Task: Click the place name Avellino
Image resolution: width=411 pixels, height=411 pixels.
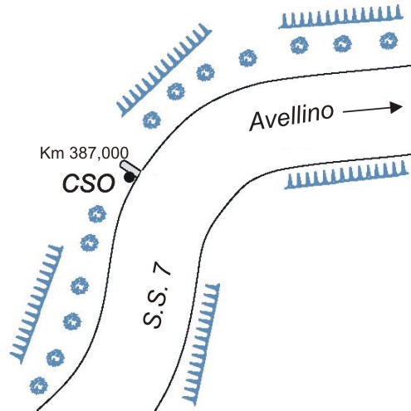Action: click(291, 117)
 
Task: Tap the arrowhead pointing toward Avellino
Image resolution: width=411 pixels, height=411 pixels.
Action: click(396, 107)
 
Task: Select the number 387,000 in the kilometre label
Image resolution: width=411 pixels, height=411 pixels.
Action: click(99, 153)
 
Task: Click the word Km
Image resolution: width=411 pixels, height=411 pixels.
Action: click(53, 153)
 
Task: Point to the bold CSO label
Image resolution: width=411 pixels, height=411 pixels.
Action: click(89, 183)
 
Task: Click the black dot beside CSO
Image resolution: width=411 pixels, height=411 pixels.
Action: click(129, 178)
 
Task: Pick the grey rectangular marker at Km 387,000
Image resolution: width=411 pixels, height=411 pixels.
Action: click(130, 169)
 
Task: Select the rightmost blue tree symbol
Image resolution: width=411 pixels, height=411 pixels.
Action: click(389, 41)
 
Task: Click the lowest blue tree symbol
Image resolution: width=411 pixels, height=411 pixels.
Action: click(39, 385)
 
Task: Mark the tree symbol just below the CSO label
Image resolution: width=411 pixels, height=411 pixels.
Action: click(97, 214)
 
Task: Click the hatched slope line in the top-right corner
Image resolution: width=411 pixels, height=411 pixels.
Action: click(340, 17)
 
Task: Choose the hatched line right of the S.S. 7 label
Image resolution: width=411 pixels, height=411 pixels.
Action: click(201, 344)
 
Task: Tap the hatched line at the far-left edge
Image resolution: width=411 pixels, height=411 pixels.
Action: click(37, 304)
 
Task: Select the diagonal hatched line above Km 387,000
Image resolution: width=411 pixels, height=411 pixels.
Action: click(164, 70)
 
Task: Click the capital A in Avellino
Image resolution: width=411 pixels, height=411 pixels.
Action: click(259, 121)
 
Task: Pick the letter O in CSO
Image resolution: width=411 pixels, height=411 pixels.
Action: click(105, 183)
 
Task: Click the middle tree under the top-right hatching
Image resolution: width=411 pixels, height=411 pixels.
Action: click(342, 44)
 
